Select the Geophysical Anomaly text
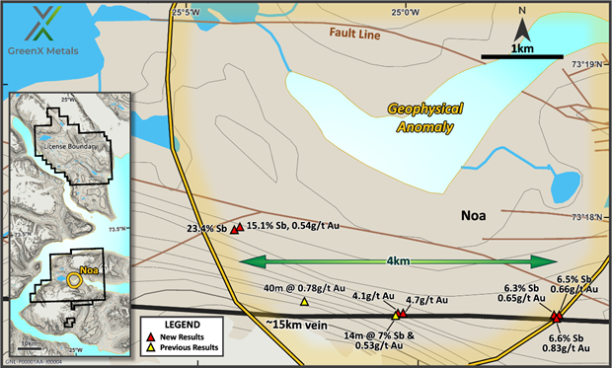(x=425, y=118)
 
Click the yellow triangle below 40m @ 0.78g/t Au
(x=304, y=302)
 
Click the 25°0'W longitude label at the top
(x=405, y=12)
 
